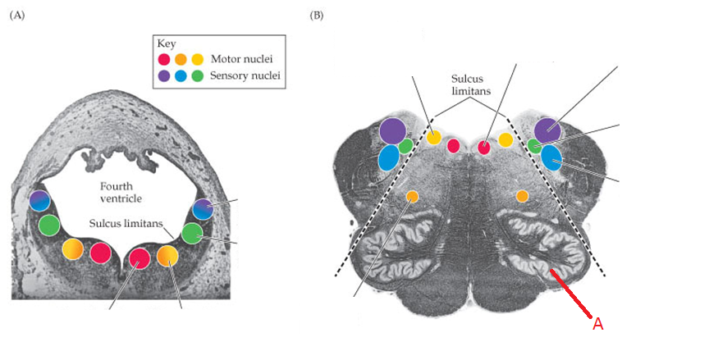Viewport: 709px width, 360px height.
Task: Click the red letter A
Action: click(x=597, y=324)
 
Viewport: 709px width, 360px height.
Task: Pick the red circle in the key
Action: click(x=164, y=59)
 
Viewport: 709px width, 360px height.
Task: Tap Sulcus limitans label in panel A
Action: click(x=125, y=221)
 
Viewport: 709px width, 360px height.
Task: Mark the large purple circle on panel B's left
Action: click(x=392, y=130)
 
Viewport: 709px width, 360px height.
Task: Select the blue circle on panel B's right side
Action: click(x=551, y=157)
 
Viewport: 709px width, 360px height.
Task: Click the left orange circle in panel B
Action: click(x=412, y=196)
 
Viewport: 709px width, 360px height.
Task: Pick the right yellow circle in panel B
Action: click(x=505, y=140)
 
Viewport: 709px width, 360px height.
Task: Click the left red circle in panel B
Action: click(x=453, y=146)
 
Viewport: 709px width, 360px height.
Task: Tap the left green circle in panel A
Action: click(x=49, y=225)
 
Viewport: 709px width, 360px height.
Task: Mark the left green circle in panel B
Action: click(x=405, y=147)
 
